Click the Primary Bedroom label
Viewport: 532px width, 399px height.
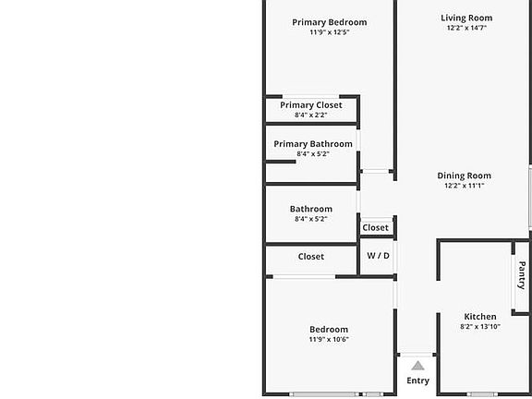tap(329, 22)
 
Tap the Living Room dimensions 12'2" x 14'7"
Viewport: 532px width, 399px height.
tap(466, 28)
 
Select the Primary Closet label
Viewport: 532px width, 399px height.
tap(311, 105)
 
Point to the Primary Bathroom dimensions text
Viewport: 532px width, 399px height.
tap(313, 153)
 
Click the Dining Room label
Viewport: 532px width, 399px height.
tap(464, 175)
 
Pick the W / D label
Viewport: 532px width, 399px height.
tap(378, 256)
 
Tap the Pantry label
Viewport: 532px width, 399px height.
tap(522, 275)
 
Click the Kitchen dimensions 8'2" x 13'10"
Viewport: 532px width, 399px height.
tap(480, 327)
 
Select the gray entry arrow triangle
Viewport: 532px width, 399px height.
tap(417, 366)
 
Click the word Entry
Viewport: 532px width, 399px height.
tap(417, 381)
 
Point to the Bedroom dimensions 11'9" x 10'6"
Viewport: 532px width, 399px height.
tap(329, 339)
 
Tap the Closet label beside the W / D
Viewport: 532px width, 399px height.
tap(375, 227)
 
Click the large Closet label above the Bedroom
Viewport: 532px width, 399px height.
tap(310, 257)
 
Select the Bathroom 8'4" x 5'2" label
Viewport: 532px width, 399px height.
tap(310, 213)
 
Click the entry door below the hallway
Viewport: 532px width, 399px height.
tap(417, 355)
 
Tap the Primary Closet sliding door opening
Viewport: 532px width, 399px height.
tap(310, 97)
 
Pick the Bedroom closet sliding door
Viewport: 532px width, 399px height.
tap(305, 277)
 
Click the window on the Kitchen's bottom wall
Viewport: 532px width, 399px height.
tap(482, 394)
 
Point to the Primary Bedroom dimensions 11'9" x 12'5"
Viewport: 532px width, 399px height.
tap(329, 32)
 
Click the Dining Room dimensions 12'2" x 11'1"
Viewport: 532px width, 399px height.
tap(464, 186)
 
